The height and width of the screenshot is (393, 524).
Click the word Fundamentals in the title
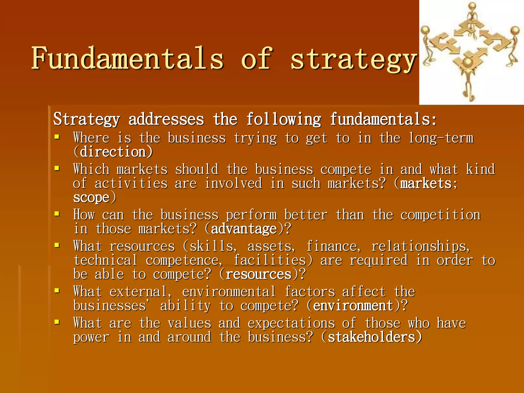point(127,58)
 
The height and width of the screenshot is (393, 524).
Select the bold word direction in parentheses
point(113,152)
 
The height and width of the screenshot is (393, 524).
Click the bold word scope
point(91,198)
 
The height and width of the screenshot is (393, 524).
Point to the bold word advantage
point(244,229)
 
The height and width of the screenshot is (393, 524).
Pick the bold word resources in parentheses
point(258,275)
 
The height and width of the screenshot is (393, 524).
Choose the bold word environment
point(353,306)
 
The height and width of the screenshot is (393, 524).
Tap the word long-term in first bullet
point(441,138)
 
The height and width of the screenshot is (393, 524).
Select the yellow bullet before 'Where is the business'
point(57,137)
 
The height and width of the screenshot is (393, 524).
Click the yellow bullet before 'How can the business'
point(57,214)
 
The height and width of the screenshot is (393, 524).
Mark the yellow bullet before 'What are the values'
point(57,322)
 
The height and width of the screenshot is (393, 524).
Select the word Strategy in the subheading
point(86,119)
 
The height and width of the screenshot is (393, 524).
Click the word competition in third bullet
point(440,215)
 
